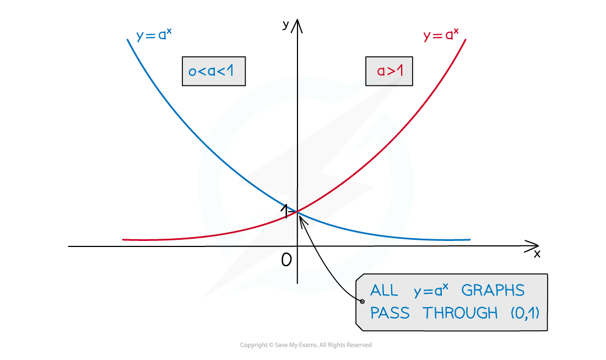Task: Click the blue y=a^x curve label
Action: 154,35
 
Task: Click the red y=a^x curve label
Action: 441,35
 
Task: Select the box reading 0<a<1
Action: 214,71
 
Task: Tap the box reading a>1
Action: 389,71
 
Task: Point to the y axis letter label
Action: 285,25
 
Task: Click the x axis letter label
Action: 537,254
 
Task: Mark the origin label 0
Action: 286,260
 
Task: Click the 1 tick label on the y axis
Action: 285,211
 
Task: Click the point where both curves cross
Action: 297,212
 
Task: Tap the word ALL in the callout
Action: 384,291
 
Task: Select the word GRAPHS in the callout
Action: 493,291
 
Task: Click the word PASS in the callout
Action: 389,313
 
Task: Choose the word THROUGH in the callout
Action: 460,313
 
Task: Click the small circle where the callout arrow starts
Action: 362,301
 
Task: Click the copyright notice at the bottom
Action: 306,345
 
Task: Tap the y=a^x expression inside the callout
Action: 431,291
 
